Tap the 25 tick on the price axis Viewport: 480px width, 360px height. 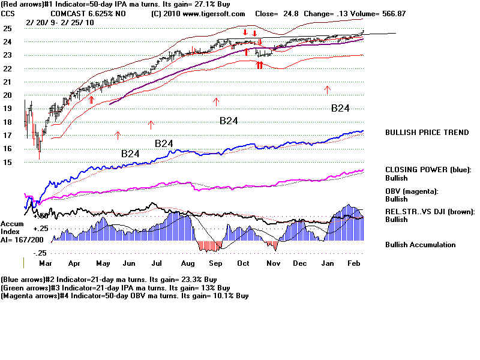7,28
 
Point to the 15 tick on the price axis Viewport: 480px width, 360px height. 7,162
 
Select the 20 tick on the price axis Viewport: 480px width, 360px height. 7,95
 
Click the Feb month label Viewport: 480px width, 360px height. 353,263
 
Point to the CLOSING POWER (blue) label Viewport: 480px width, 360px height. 428,170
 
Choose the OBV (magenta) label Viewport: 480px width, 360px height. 411,191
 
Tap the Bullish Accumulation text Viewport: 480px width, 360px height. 420,245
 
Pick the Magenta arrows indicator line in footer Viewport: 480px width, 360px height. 125,296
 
